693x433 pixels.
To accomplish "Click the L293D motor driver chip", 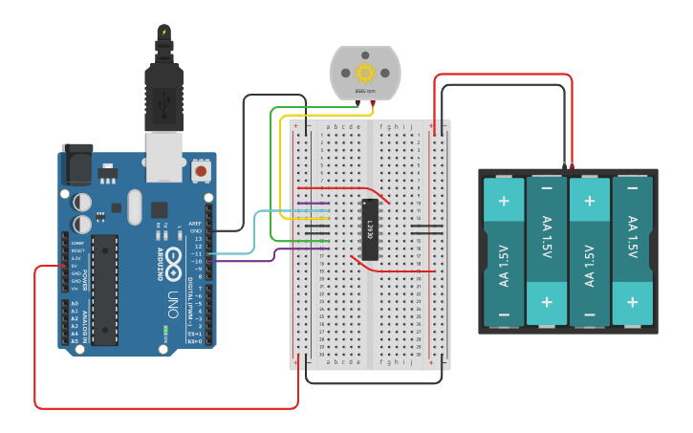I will [x=370, y=229].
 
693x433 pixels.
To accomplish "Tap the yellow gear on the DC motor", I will [x=365, y=72].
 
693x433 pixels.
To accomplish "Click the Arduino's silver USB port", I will [x=163, y=155].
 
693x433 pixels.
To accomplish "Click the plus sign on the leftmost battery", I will [x=503, y=202].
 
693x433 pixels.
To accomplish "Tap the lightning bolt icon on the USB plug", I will [x=163, y=33].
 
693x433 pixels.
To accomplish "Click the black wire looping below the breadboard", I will [x=373, y=382].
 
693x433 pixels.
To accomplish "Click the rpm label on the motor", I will [x=365, y=91].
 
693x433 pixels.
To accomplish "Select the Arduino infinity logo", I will [x=173, y=258].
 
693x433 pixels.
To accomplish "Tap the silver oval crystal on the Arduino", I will [x=133, y=206].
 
